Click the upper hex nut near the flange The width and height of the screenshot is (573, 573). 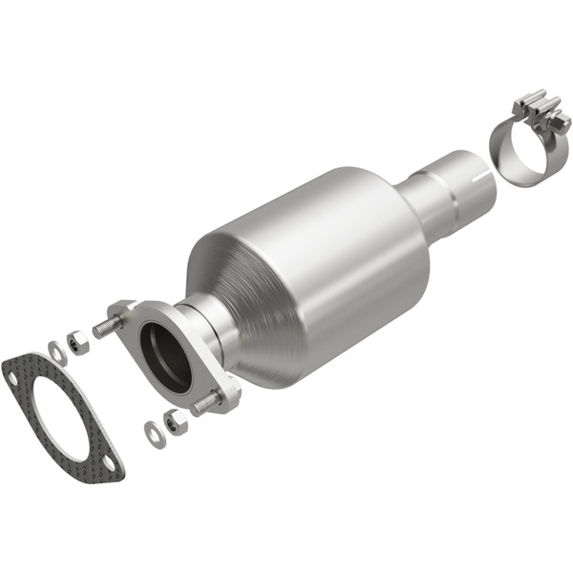point(79,342)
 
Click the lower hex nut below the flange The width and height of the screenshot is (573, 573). point(175,421)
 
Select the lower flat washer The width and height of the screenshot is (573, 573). point(154,434)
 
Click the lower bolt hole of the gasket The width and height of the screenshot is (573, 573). point(110,464)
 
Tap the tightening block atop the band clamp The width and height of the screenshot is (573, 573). point(537,110)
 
